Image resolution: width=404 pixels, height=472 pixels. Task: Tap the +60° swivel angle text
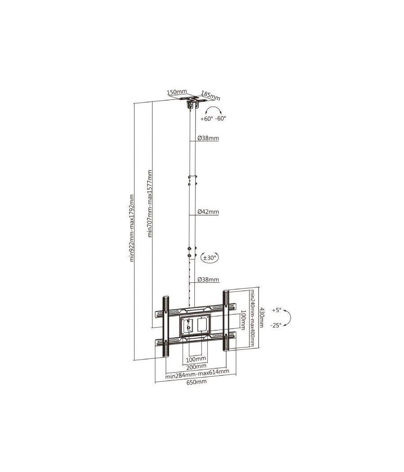tap(207, 119)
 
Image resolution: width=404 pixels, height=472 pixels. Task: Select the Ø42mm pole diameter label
tap(208, 212)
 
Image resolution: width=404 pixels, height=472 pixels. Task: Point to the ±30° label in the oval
tap(210, 258)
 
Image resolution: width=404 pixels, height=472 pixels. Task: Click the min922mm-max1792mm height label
tap(132, 227)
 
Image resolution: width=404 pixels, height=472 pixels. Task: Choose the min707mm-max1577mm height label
tap(151, 203)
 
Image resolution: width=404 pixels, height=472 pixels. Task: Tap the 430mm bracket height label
tap(263, 317)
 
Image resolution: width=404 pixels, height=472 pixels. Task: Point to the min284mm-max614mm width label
tap(197, 372)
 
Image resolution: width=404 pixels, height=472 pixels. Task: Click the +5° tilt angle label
tap(276, 310)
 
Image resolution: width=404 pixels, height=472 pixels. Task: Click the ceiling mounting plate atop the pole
tap(191, 98)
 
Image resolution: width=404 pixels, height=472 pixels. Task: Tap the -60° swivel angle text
tap(220, 119)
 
